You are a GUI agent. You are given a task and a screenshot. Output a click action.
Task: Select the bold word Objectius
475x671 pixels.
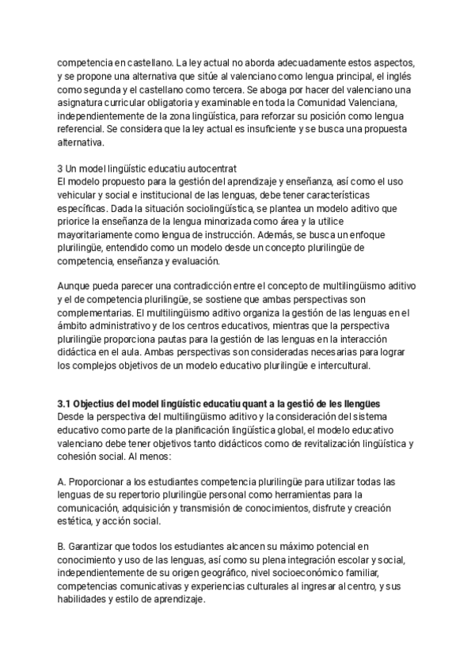[x=101, y=403]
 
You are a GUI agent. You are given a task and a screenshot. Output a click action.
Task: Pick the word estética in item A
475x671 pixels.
[x=74, y=521]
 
